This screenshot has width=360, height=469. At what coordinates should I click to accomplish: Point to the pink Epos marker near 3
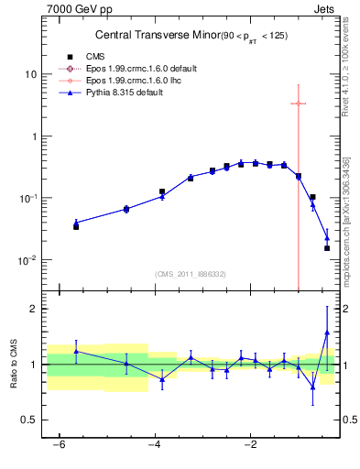299,104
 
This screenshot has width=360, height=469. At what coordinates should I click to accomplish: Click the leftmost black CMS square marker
76,226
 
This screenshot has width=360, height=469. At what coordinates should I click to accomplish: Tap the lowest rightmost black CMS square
327,248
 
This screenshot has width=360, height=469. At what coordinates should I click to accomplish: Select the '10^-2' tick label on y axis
28,260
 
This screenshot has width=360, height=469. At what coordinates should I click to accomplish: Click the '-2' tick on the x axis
250,445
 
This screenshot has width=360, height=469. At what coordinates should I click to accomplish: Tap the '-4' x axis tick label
155,445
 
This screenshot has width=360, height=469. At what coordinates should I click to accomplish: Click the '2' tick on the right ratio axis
347,309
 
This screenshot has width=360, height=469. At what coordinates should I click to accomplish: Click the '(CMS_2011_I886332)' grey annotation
190,275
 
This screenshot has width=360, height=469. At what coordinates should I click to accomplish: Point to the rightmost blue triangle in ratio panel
327,333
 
